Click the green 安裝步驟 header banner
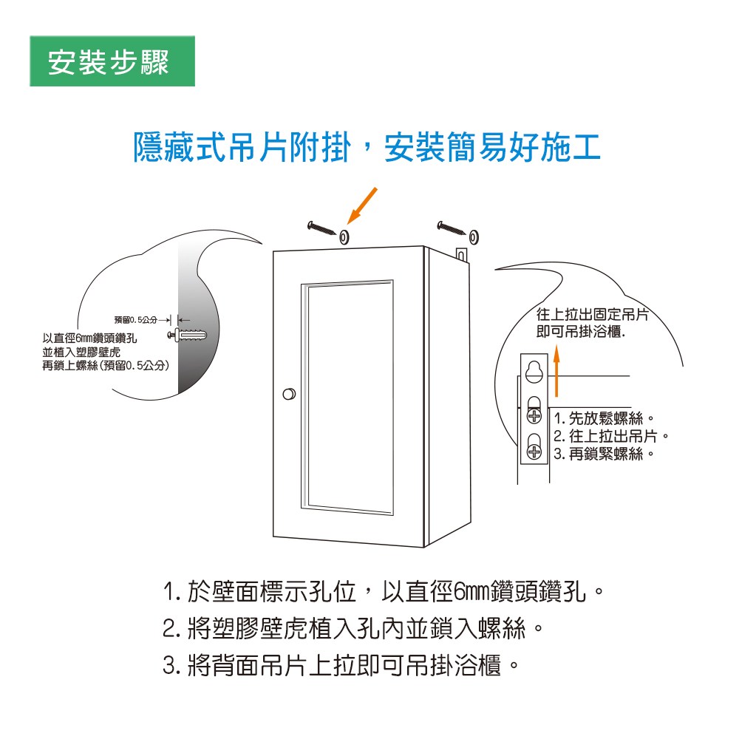(x=112, y=62)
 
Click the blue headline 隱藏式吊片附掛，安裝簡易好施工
(x=367, y=147)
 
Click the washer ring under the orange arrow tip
(x=344, y=237)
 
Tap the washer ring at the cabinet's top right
(x=473, y=237)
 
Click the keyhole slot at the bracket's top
(x=534, y=371)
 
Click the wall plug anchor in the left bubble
(x=189, y=335)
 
